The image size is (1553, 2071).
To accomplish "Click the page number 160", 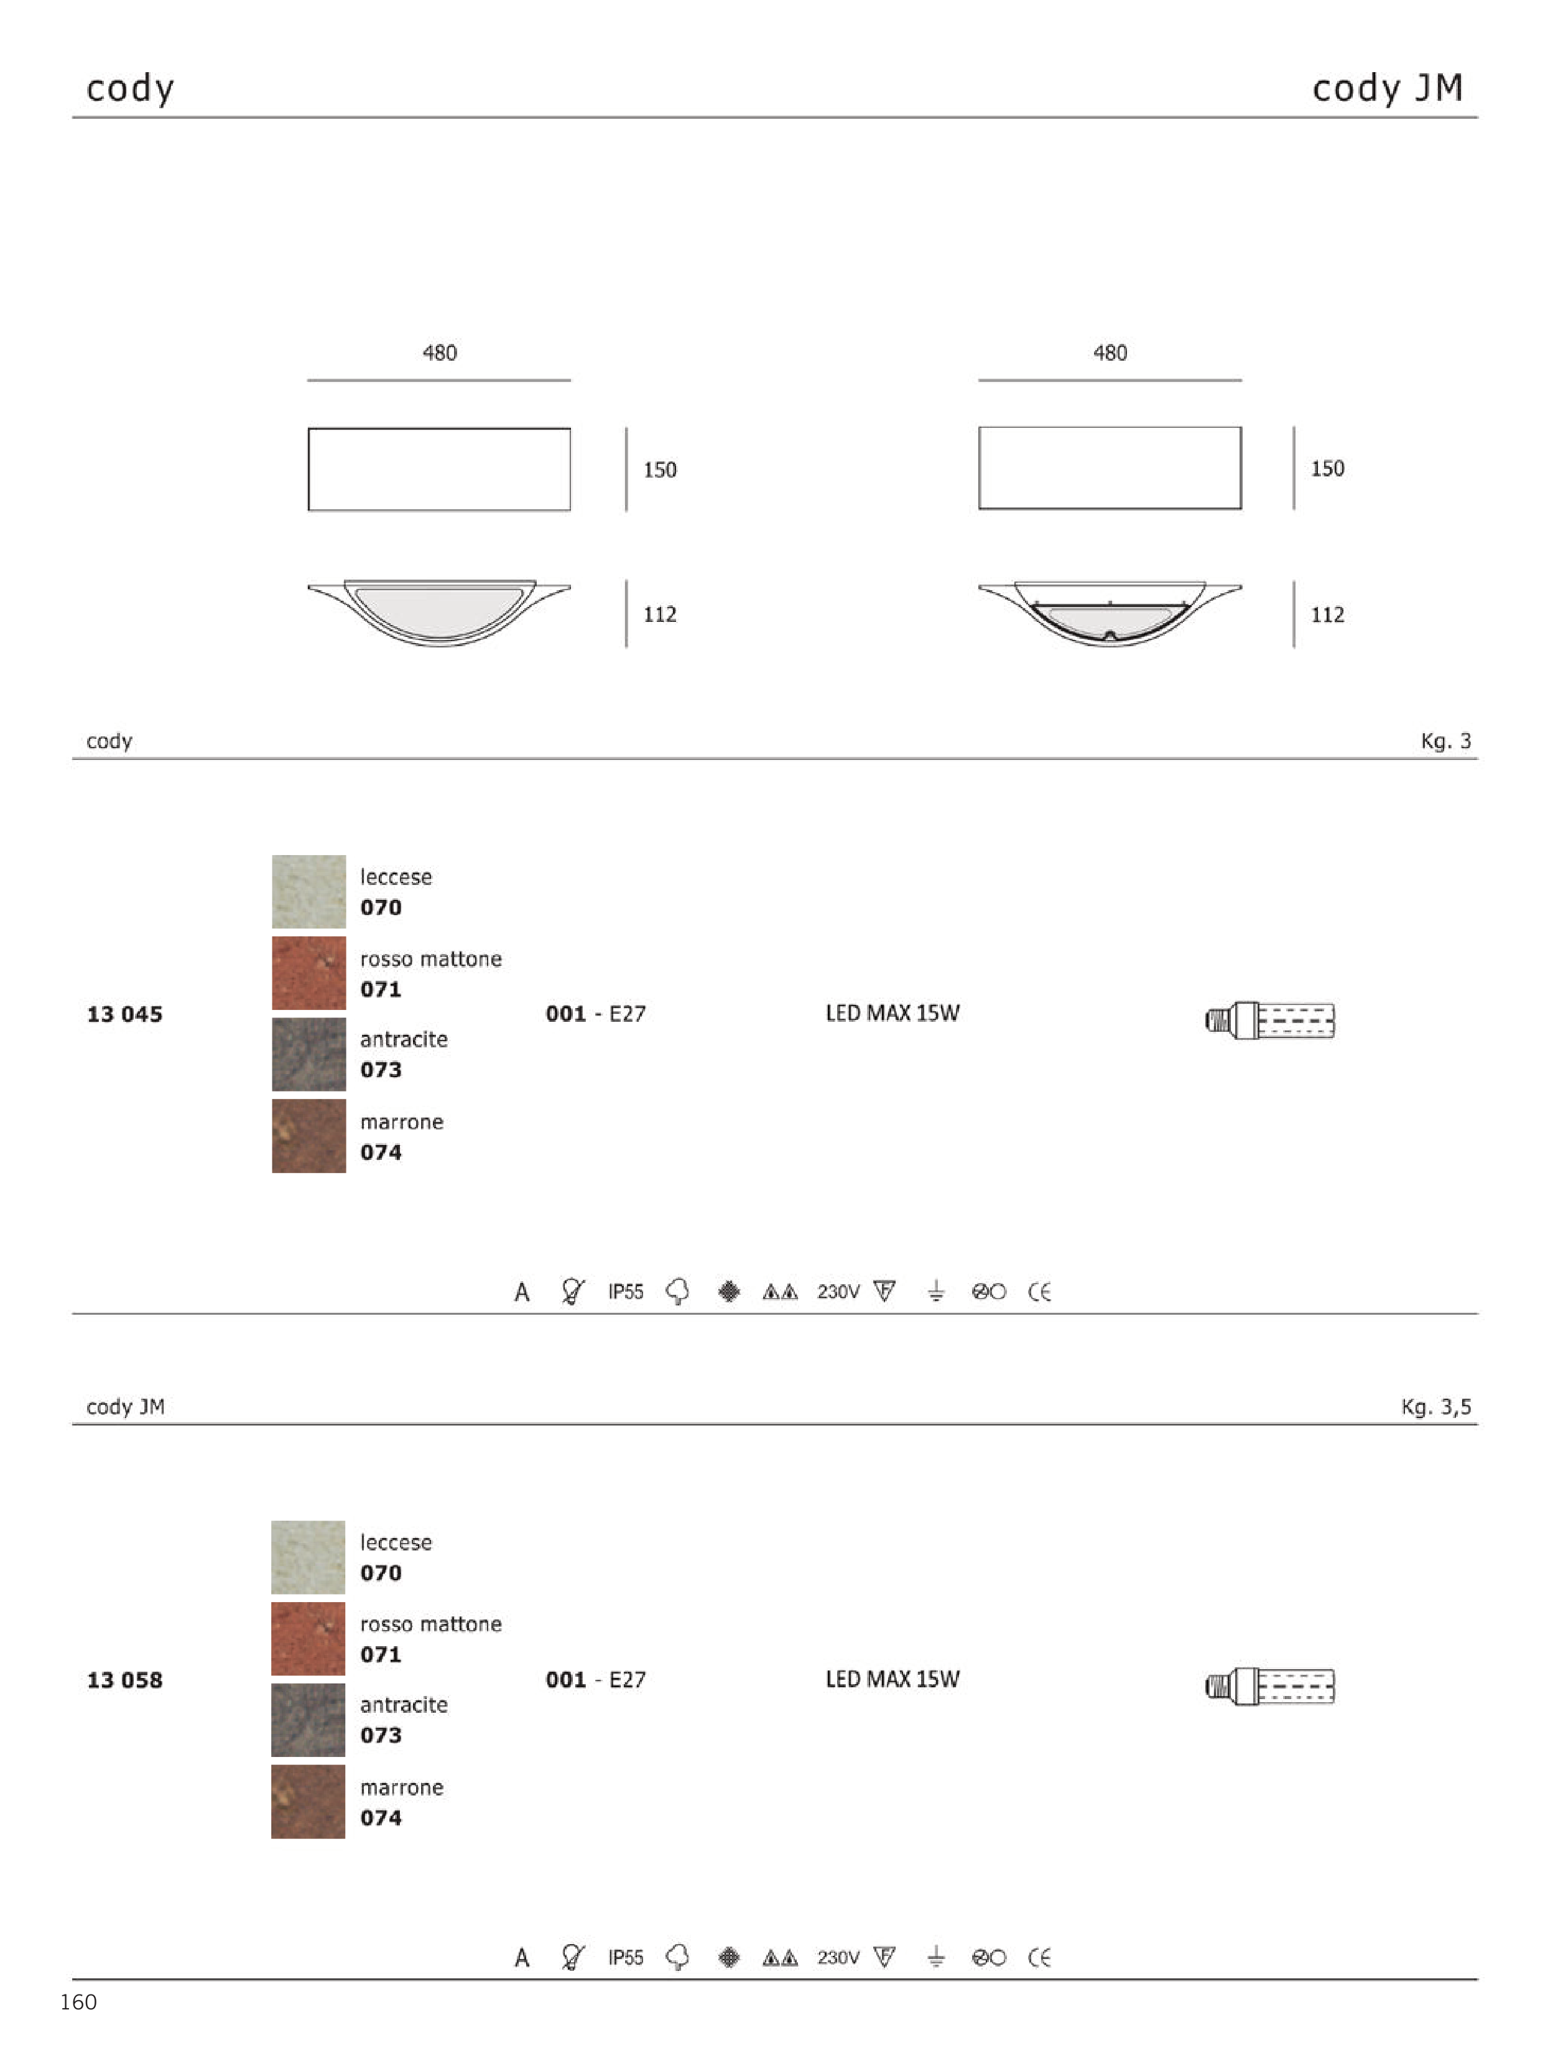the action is [78, 2002].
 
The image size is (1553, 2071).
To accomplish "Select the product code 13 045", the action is [124, 1014].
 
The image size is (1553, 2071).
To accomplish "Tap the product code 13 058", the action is [124, 1680].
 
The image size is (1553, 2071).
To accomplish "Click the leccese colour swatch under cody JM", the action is [308, 1557].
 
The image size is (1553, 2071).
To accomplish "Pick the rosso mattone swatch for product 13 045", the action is [308, 973].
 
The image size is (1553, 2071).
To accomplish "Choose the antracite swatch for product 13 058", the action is [308, 1720].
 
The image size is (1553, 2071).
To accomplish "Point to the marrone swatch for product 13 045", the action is [308, 1136].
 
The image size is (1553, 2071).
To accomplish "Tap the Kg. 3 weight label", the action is [1446, 741].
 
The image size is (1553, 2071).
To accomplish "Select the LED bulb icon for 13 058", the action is [1269, 1686].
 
